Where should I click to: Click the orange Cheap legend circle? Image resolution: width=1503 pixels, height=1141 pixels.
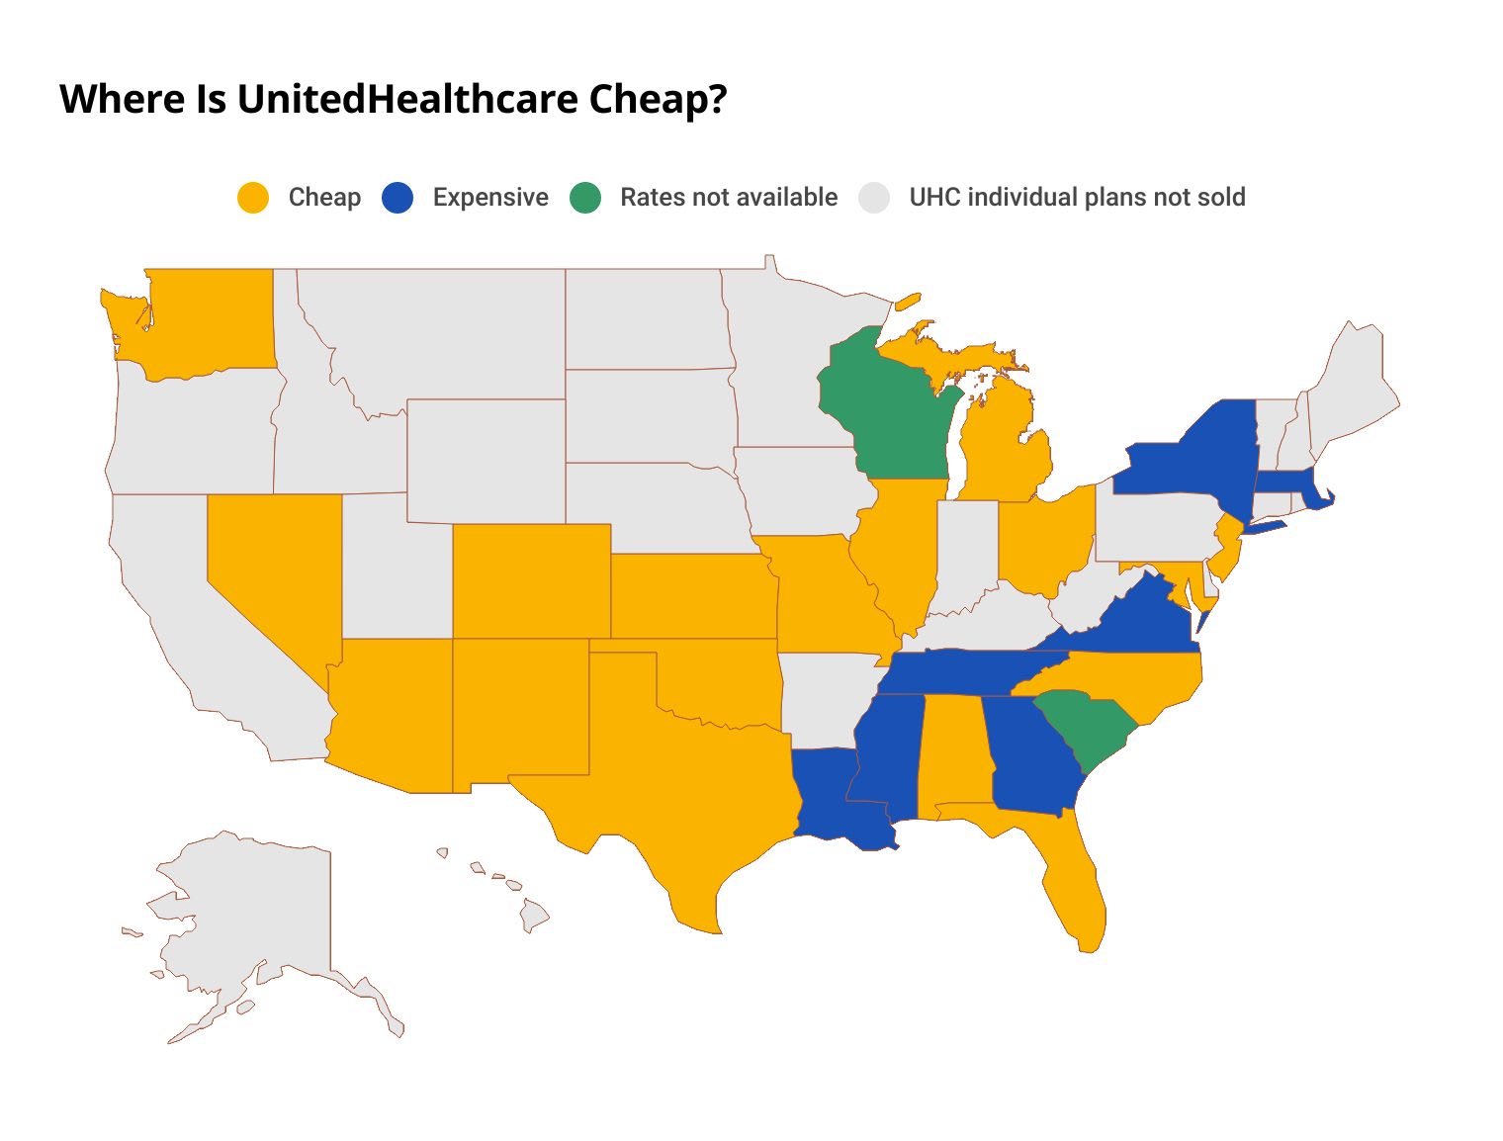pos(253,198)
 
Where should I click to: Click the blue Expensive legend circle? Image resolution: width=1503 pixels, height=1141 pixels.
pos(397,198)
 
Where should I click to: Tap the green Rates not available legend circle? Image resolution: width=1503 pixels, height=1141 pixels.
pos(585,198)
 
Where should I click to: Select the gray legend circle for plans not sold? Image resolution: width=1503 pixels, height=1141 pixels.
pos(874,198)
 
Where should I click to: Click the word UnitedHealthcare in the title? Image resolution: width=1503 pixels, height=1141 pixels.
pos(407,99)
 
